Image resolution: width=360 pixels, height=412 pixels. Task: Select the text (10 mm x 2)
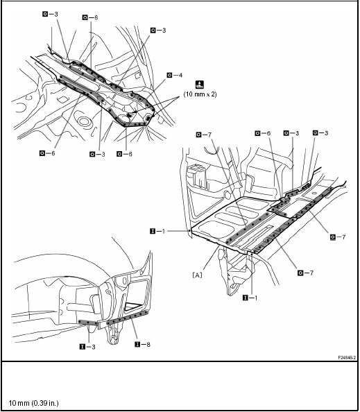[x=200, y=94]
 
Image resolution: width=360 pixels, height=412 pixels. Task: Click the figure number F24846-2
[x=342, y=357]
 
